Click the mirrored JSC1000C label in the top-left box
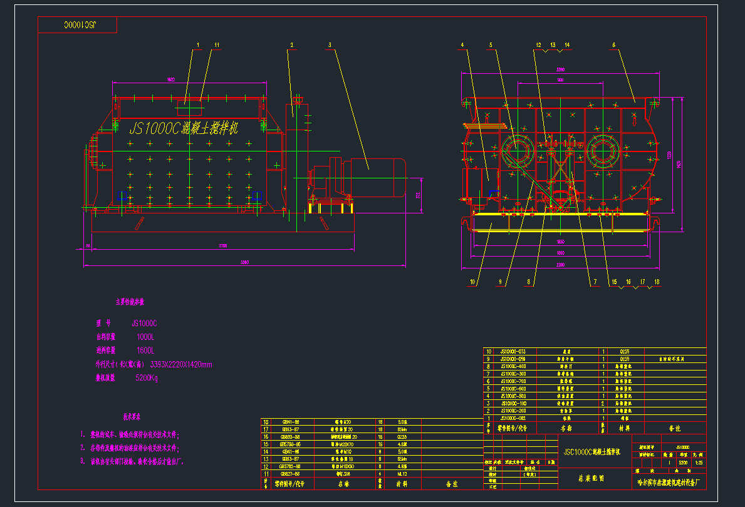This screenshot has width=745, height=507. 78,25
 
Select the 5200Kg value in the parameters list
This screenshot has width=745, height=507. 147,378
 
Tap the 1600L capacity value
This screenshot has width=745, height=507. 145,351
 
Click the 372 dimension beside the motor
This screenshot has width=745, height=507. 419,196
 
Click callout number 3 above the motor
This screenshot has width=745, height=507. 329,45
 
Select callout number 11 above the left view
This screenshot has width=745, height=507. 217,45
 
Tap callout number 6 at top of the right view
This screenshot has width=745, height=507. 613,45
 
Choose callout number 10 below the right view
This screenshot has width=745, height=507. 474,282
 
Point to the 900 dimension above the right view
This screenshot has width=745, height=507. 560,81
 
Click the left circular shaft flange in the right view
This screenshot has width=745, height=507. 518,152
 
